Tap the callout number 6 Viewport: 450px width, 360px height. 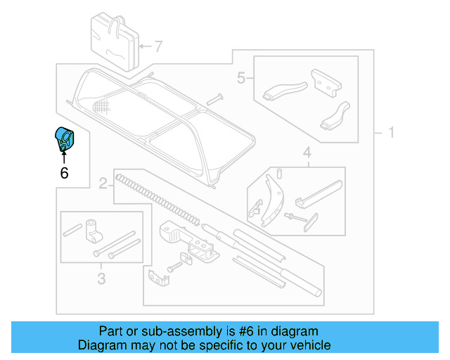click(64, 172)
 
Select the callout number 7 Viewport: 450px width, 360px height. click(158, 47)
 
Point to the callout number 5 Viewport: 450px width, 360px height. click(241, 78)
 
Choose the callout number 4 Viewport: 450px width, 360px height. click(307, 152)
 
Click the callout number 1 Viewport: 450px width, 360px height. click(391, 132)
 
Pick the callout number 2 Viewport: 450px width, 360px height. click(103, 184)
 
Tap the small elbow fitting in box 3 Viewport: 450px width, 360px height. click(92, 229)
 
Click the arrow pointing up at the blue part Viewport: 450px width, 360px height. click(63, 155)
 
